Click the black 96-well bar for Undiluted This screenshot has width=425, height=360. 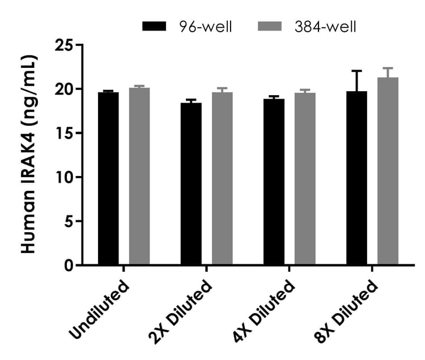tap(108, 178)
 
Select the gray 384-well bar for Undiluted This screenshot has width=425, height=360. tap(139, 176)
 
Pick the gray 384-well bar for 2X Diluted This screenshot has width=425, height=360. tap(222, 178)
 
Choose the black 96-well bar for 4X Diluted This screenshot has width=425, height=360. tap(274, 182)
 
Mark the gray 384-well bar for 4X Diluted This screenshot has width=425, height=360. tap(305, 179)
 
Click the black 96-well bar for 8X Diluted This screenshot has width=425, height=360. tap(357, 178)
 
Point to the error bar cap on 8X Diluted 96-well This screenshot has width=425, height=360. tap(357, 71)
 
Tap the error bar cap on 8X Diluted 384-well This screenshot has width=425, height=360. tap(388, 68)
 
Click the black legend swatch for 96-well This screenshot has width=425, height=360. tap(154, 26)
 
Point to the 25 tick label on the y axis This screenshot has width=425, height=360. tap(66, 45)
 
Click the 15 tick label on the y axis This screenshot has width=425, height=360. tap(66, 133)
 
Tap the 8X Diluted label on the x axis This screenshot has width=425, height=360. tap(347, 309)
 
